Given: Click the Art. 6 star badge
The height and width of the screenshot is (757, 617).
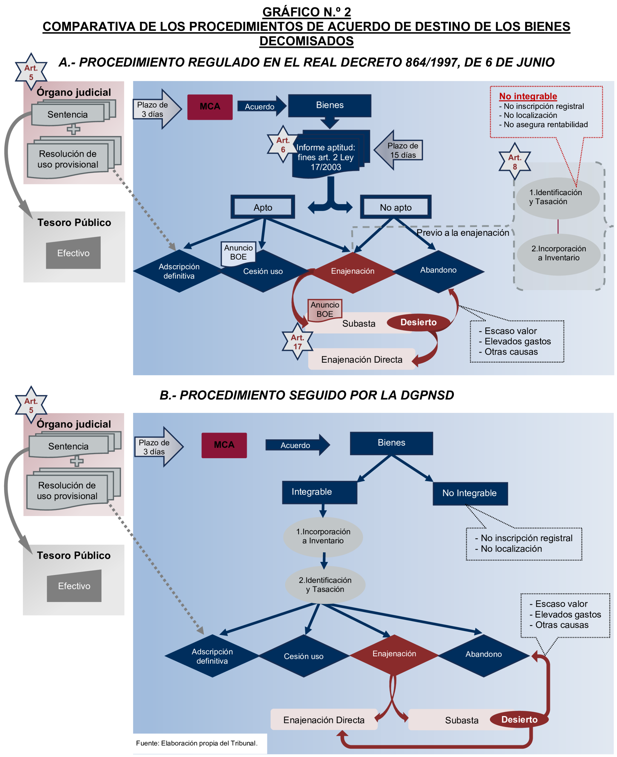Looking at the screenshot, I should pos(283,144).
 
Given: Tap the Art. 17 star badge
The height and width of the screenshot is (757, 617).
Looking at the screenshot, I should pos(297,342).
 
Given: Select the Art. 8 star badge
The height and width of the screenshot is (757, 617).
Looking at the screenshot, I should pos(514,162).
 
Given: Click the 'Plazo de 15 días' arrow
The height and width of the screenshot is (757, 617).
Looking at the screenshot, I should pos(399,150).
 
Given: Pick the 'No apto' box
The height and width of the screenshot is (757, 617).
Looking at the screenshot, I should pos(396,207).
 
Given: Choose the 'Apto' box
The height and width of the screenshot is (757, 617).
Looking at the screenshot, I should pos(263,207).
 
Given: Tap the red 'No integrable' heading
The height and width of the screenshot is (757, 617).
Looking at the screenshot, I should pos(528,96).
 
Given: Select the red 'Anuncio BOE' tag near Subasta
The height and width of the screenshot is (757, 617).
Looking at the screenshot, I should pos(324,309).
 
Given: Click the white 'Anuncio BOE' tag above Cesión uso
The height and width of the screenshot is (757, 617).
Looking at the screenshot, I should pos(238,252).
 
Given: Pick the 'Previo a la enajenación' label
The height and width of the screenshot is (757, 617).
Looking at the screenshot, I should pos(462,233).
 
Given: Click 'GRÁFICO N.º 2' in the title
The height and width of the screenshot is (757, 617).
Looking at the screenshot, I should pos(306,12).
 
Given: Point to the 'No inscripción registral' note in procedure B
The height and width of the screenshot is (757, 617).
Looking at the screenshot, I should pos(526,538).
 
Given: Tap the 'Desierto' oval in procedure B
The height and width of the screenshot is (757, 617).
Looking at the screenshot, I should pos(519,719).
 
